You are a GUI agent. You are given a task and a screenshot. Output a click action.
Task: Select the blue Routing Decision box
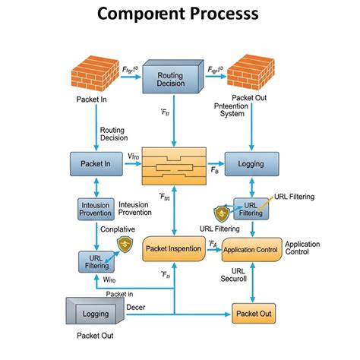[175, 79]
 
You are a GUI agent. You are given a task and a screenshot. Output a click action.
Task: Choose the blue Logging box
[251, 163]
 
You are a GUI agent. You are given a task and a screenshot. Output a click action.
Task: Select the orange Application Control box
[251, 248]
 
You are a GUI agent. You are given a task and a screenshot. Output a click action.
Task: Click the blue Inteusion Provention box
[96, 210]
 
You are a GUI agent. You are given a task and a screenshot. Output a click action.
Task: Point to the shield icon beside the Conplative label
[124, 244]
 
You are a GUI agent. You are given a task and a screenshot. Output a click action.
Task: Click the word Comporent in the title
[139, 14]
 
